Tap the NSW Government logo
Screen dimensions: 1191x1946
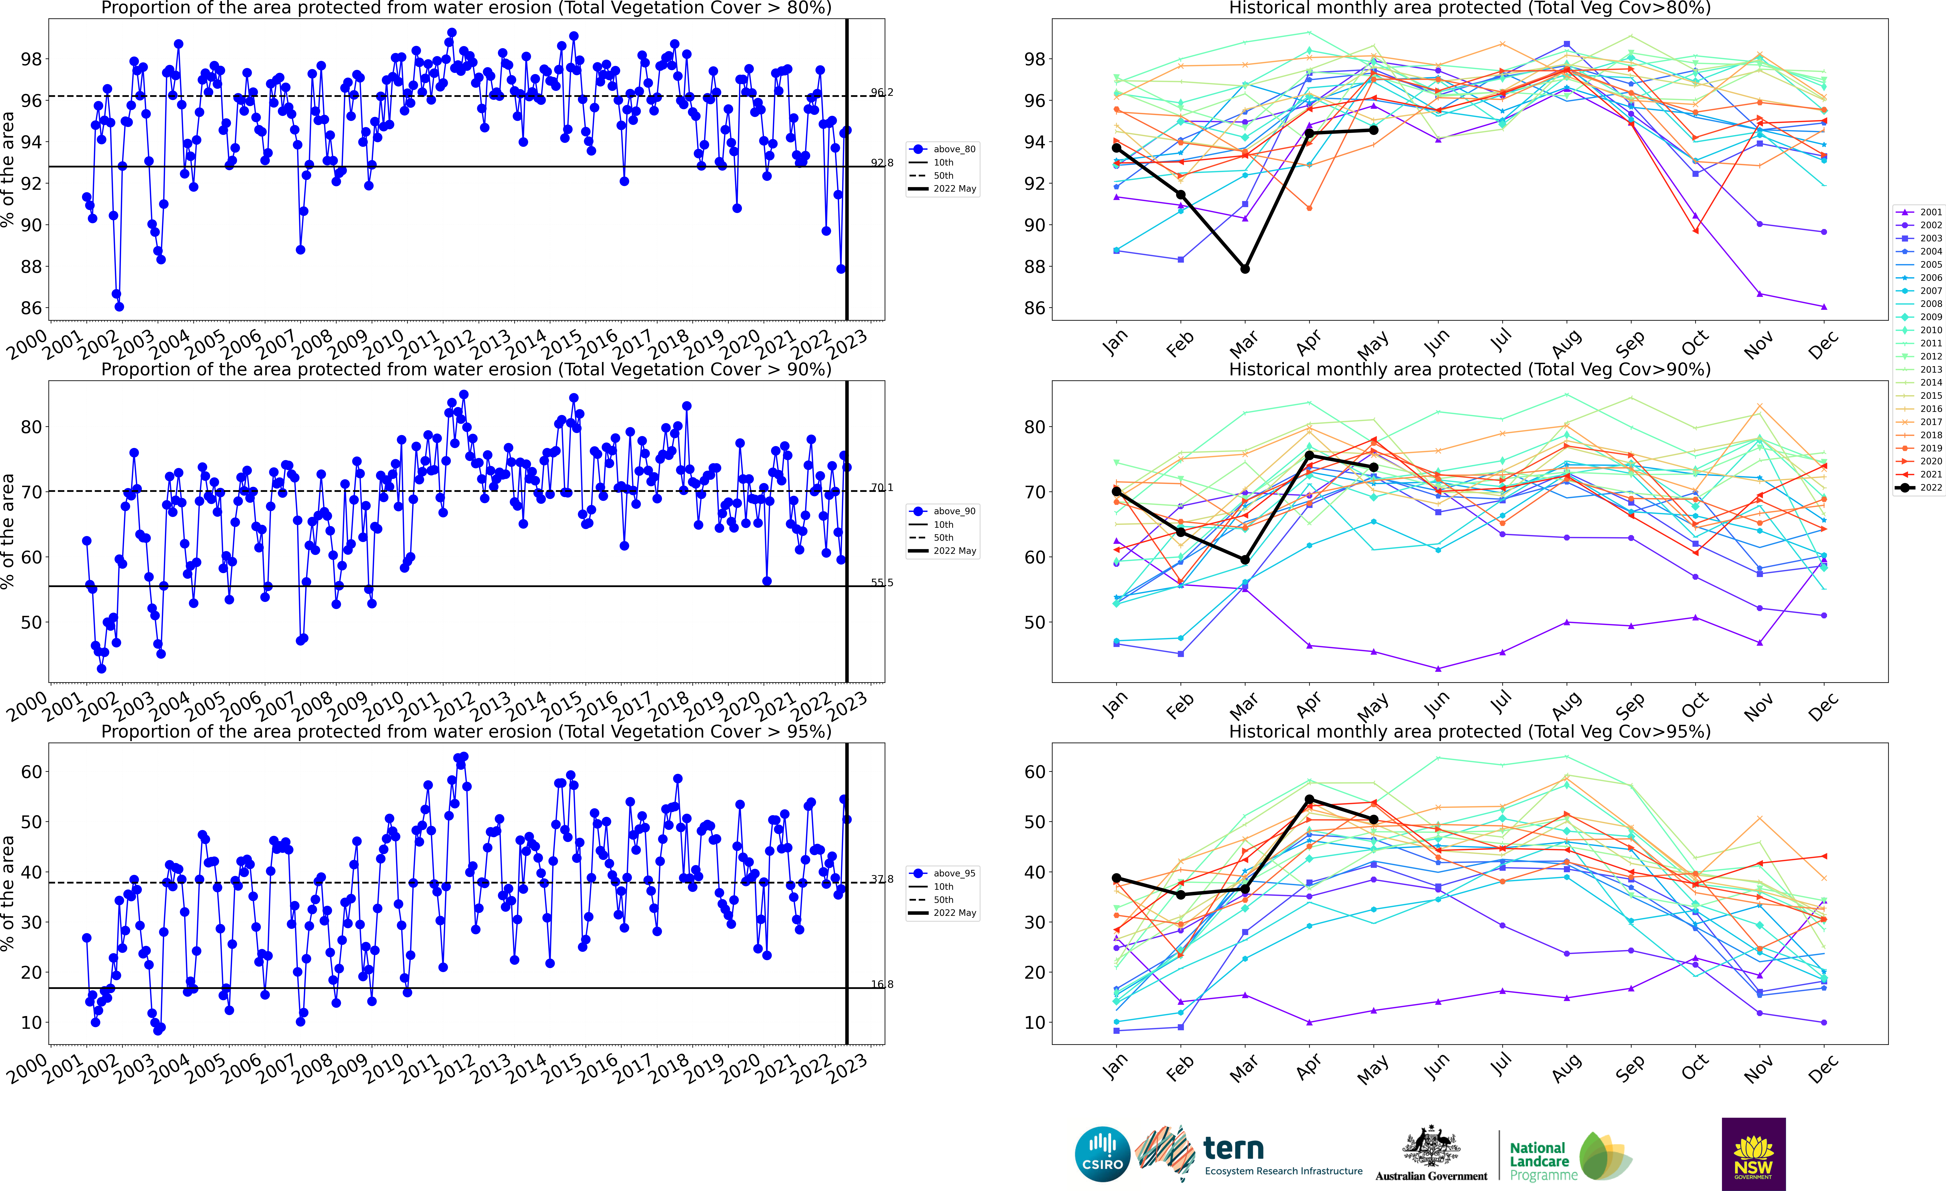[1753, 1154]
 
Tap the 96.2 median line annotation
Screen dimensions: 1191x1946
[882, 92]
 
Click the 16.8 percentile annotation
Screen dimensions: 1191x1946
[882, 984]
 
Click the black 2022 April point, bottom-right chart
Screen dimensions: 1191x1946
[1309, 800]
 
